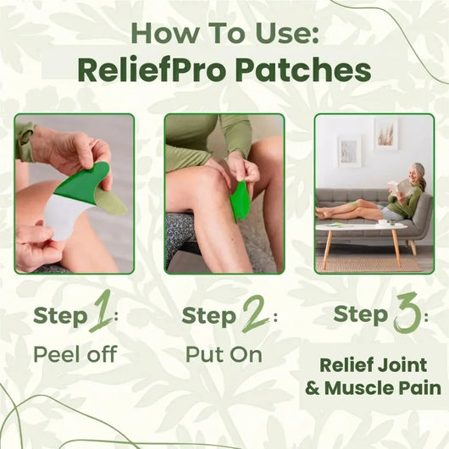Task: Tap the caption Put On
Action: tap(224, 353)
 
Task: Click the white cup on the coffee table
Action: tap(382, 221)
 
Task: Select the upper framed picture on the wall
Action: tap(385, 134)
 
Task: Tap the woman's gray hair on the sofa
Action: tap(419, 170)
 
